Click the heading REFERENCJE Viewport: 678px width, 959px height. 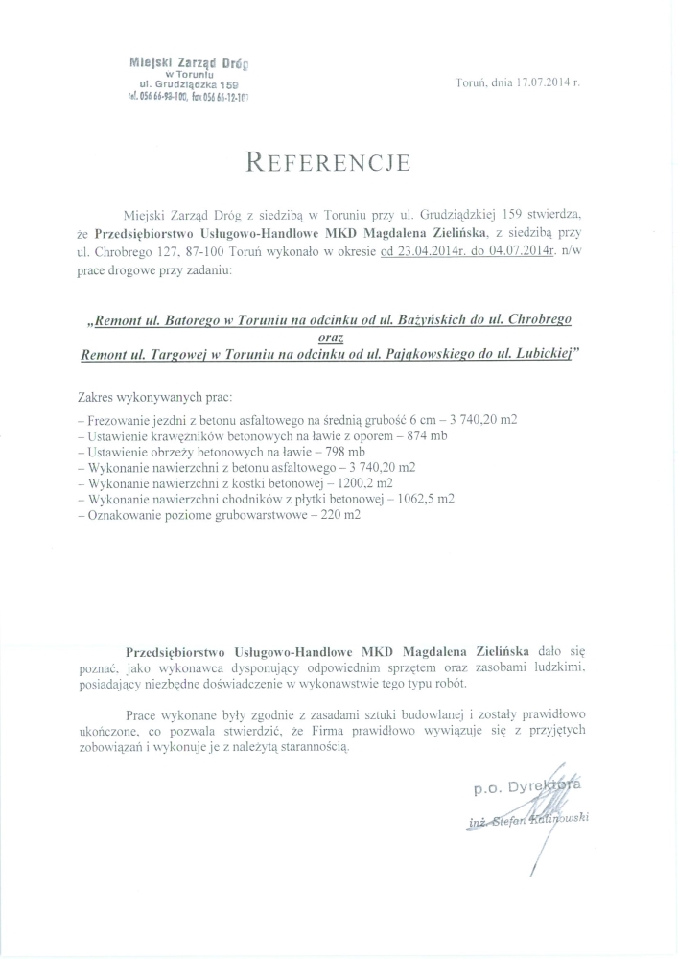click(328, 161)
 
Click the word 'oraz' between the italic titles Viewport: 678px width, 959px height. click(329, 337)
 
